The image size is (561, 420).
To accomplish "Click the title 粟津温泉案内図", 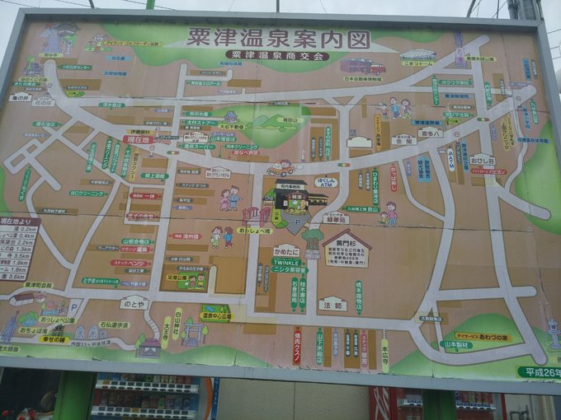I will coord(276,39).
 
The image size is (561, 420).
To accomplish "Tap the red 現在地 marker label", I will coord(139,140).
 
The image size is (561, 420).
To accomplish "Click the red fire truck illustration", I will coord(364,66).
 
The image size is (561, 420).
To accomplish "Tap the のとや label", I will coord(134,303).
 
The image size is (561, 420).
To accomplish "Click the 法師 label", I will coord(332,303).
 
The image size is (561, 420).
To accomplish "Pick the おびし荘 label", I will coord(483,161).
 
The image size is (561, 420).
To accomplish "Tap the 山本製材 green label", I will coord(455,346).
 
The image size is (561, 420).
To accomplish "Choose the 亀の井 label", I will coord(21,97).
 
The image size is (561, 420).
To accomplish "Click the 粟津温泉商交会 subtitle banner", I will coord(276,56).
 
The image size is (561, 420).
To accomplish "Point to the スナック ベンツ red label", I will coord(129,263).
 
